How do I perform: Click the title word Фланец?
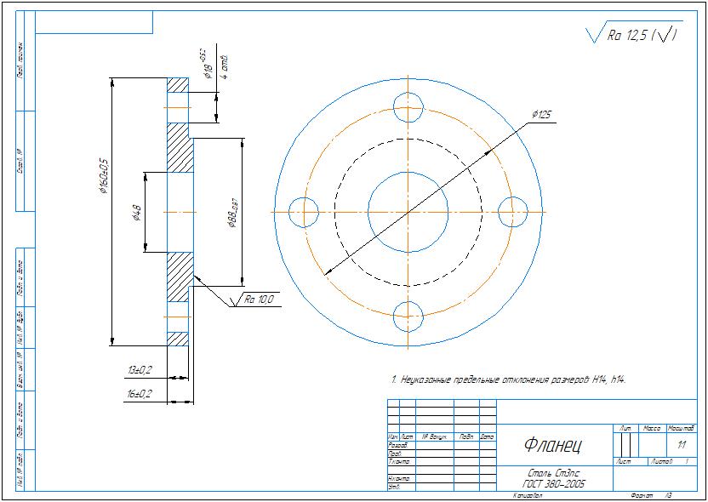click(x=552, y=444)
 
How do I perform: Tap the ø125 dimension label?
click(x=541, y=114)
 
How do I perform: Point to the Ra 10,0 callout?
click(x=259, y=299)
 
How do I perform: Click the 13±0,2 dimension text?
click(x=140, y=370)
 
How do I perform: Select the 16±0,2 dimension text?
click(x=140, y=394)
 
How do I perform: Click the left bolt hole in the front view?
click(x=304, y=211)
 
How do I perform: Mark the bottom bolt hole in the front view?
click(x=408, y=316)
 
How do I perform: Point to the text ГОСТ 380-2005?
click(x=555, y=483)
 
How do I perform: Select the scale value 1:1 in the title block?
click(x=681, y=444)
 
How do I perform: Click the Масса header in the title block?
click(x=652, y=428)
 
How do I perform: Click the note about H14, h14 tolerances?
click(x=509, y=379)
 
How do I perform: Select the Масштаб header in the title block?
click(x=681, y=428)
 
